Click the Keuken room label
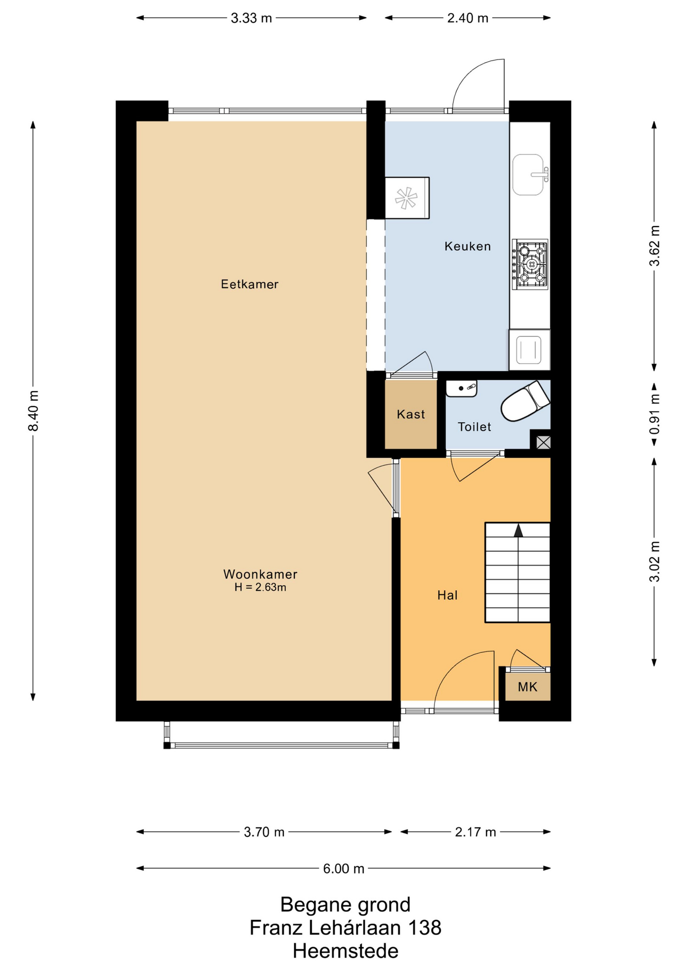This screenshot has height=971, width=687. [x=467, y=246]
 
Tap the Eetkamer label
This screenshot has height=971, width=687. [x=249, y=284]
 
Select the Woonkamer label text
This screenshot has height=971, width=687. [x=260, y=575]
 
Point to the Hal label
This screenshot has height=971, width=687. [x=447, y=595]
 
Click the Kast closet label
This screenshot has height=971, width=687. [x=411, y=414]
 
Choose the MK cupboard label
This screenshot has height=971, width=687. [x=527, y=687]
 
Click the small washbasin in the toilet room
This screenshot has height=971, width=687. [x=461, y=388]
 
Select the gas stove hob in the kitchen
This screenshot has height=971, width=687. [x=530, y=264]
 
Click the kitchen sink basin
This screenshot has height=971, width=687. [x=528, y=175]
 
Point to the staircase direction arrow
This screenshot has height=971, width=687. [x=518, y=530]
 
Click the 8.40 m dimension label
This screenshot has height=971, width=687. [x=33, y=411]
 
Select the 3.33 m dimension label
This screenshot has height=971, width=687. [x=251, y=18]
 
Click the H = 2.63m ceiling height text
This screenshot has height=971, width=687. [x=260, y=588]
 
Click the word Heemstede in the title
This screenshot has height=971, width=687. [x=346, y=951]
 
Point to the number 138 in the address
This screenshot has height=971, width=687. [x=424, y=928]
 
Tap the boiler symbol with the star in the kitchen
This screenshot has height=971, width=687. [x=407, y=198]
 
